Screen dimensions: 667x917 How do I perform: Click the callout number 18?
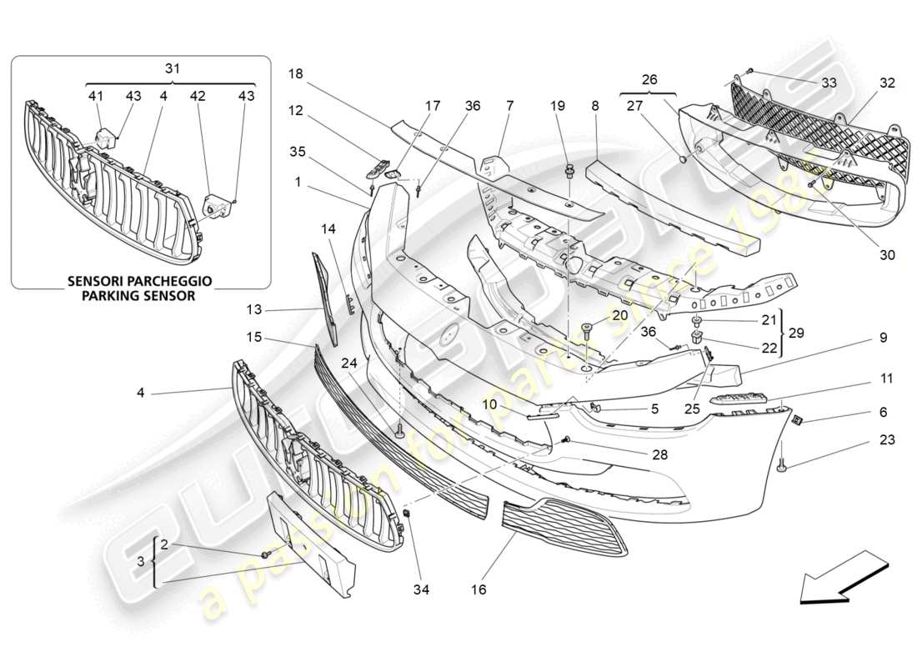pyautogui.click(x=295, y=73)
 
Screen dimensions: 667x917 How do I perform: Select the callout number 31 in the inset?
pyautogui.click(x=171, y=70)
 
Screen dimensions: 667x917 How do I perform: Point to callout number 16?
pyautogui.click(x=478, y=589)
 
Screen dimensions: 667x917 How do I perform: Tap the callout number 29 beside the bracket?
pyautogui.click(x=798, y=332)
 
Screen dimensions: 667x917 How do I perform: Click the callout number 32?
pyautogui.click(x=887, y=83)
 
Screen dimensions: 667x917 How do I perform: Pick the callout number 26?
pyautogui.click(x=649, y=81)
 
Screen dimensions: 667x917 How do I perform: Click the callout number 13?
pyautogui.click(x=253, y=309)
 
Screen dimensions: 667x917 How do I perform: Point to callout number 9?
pyautogui.click(x=859, y=339)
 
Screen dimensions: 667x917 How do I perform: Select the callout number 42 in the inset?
pyautogui.click(x=197, y=96)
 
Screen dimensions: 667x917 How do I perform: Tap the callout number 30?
pyautogui.click(x=887, y=255)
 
